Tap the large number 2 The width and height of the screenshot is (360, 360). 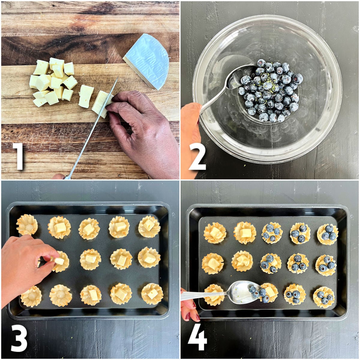pos(197,156)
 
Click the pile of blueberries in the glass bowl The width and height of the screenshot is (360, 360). pos(270,90)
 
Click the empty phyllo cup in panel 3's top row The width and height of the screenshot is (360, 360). pos(27,225)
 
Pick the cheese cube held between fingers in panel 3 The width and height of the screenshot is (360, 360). pos(59,261)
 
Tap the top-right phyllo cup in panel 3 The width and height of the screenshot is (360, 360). pos(149,226)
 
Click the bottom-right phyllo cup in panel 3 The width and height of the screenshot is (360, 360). pos(152,294)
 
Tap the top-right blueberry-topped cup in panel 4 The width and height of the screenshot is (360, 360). pos(328,234)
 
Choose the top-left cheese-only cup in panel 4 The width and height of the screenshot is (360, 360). pos(215,233)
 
